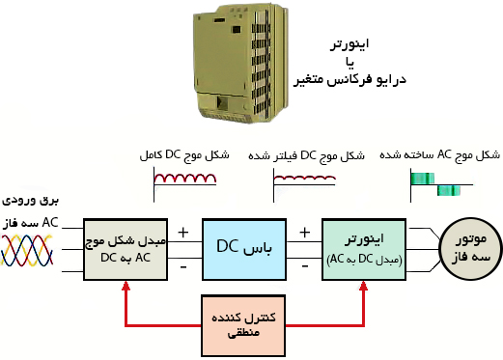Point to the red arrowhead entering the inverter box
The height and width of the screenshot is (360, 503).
(365, 287)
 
